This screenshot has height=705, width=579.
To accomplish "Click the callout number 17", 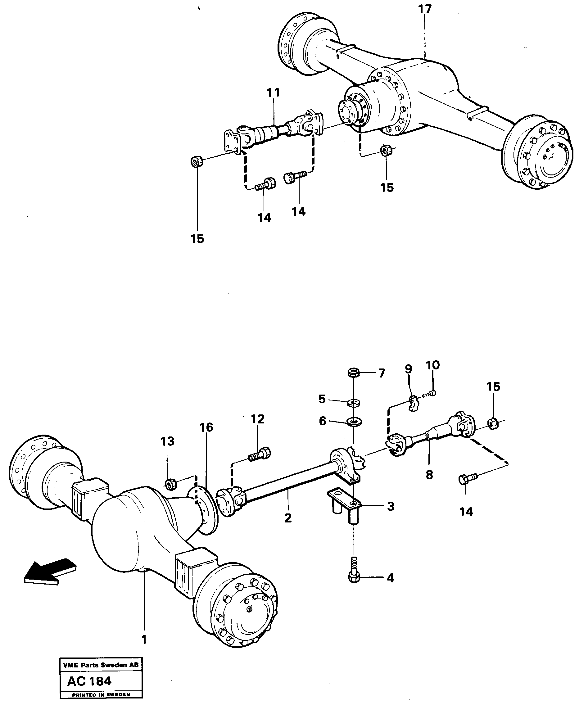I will (x=425, y=9).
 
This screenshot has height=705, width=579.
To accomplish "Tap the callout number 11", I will (x=273, y=93).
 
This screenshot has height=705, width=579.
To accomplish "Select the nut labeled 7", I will (x=353, y=372).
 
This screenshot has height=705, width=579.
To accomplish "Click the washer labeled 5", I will (x=353, y=403).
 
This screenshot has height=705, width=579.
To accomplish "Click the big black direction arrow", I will (x=50, y=572).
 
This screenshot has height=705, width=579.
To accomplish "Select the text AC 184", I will (x=89, y=681).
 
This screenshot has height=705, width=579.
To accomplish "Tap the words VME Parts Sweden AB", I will (x=100, y=665).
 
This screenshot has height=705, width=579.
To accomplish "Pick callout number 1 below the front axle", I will (x=144, y=639).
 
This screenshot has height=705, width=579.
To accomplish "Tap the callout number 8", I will (x=429, y=474).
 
